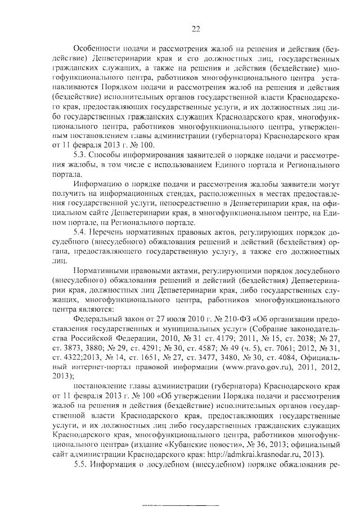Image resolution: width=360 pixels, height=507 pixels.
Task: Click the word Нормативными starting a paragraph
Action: click(105, 270)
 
